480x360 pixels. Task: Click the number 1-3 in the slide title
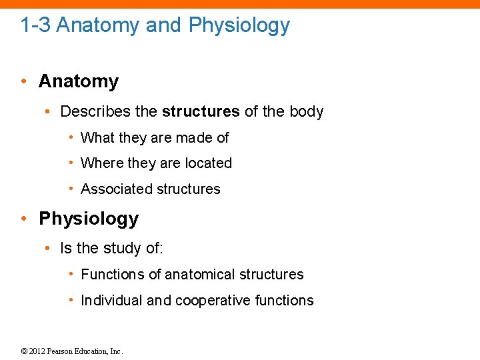point(35,26)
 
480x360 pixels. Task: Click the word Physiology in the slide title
point(239,26)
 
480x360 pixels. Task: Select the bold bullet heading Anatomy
point(79,81)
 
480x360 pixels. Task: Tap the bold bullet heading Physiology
point(89,219)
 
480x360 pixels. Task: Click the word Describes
point(93,111)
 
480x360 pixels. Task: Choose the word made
point(195,138)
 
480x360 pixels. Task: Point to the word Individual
point(111,301)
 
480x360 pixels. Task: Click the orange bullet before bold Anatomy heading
point(23,82)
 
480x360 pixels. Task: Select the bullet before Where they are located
point(71,163)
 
